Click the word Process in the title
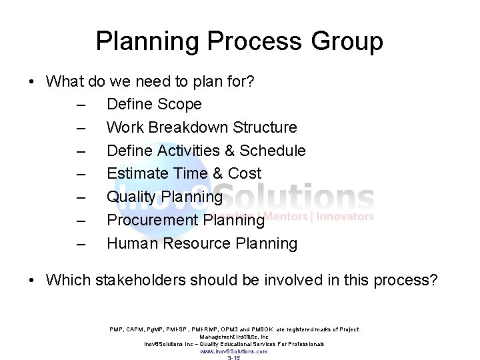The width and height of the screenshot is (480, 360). [x=251, y=41]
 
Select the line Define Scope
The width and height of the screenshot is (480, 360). [x=153, y=104]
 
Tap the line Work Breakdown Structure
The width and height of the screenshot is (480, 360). [x=201, y=127]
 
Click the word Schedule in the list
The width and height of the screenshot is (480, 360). [x=272, y=151]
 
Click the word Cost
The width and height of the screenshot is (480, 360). [x=245, y=174]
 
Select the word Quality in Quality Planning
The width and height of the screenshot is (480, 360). [x=130, y=197]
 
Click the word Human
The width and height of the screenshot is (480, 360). [x=131, y=244]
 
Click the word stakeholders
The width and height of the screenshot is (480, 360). [x=142, y=280]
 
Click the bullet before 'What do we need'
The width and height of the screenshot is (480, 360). [x=31, y=82]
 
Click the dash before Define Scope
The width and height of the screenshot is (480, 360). [x=81, y=105]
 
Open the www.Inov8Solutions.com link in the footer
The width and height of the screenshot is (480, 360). [x=234, y=351]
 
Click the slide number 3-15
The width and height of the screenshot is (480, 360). [x=234, y=358]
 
